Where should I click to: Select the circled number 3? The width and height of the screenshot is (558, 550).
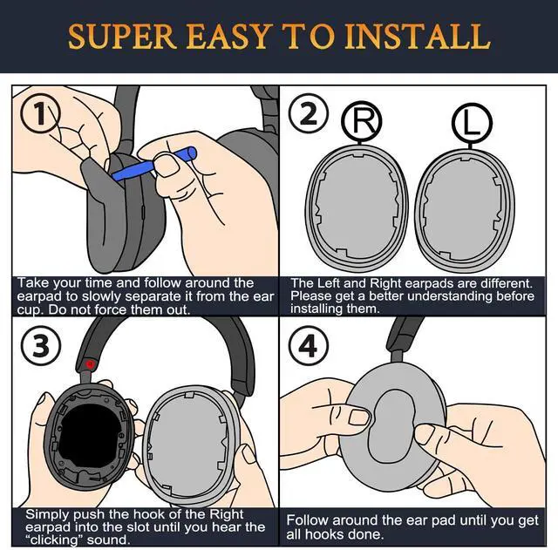click(41, 345)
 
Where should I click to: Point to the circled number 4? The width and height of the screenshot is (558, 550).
click(308, 345)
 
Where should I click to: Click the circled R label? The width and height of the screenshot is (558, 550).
click(362, 122)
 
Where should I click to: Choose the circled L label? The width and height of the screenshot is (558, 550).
click(473, 123)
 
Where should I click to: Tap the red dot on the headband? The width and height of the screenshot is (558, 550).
click(90, 364)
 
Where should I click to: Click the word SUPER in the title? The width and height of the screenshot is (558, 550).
click(122, 36)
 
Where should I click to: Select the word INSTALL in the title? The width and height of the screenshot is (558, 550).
click(417, 36)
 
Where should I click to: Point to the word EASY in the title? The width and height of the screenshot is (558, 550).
click(228, 36)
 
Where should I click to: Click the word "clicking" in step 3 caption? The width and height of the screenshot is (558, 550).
click(53, 540)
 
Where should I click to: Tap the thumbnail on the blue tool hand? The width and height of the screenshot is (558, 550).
click(166, 164)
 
